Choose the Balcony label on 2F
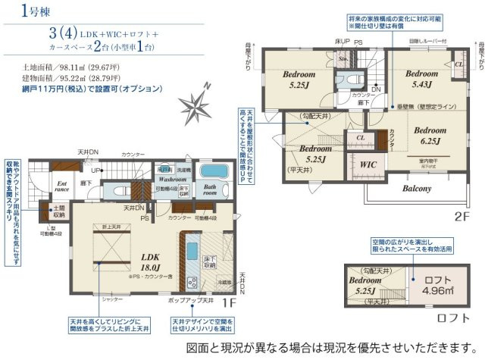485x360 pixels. [x=416, y=188]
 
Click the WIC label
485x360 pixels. [x=369, y=164]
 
